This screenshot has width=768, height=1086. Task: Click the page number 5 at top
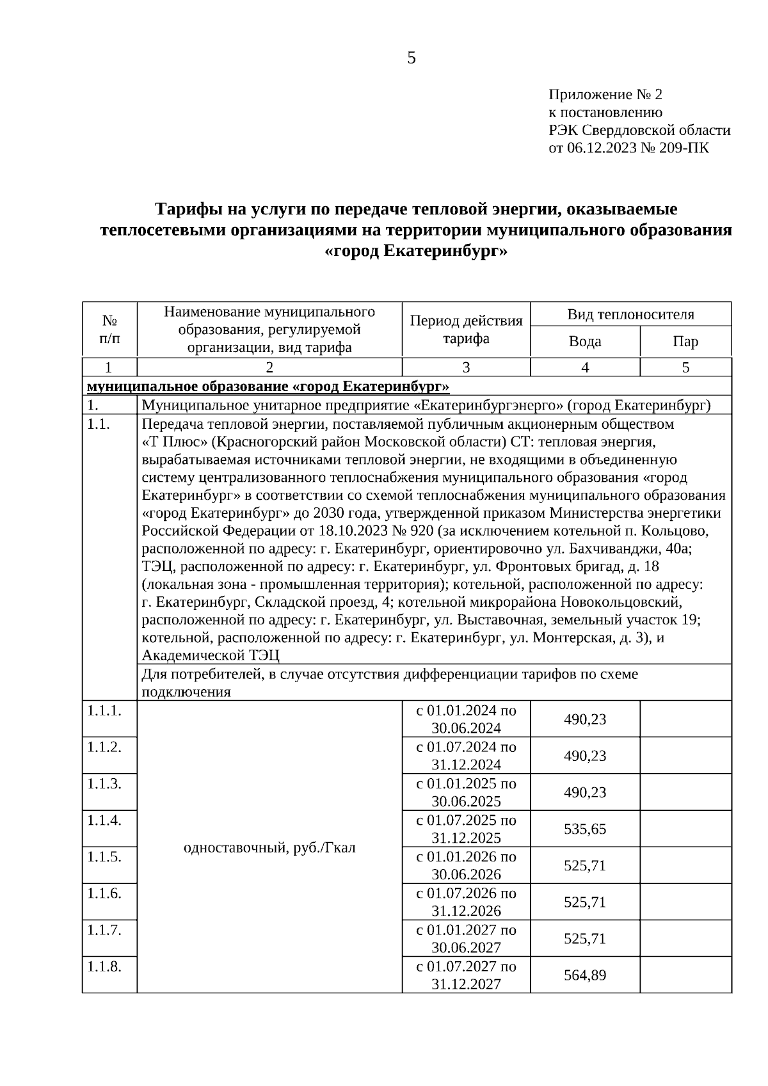coord(411,58)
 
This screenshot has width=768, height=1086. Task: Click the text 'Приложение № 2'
coord(605,95)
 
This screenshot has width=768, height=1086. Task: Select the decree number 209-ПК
coord(687,148)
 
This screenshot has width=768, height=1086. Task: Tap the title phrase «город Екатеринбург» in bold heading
coord(416,252)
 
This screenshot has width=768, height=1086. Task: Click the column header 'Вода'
coord(584,341)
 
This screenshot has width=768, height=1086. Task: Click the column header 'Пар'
coord(685,341)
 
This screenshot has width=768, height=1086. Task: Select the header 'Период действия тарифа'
coord(466,329)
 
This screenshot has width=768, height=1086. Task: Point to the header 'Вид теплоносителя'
coord(630,314)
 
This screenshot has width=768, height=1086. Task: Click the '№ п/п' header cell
coord(109,329)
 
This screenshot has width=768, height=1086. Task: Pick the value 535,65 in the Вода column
coord(584,829)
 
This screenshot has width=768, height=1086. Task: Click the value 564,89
coord(584,975)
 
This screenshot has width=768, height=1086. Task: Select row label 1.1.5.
coord(104,857)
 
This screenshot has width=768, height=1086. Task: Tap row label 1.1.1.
coord(104,710)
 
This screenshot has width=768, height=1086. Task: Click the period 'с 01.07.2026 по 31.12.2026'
coord(466,902)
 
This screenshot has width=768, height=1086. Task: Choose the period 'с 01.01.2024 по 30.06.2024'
coord(466,719)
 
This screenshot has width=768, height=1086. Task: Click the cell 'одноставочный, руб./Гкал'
coord(269,848)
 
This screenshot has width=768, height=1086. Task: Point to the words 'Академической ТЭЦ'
coord(211,655)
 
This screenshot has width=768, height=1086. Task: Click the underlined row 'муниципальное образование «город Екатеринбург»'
coord(268,387)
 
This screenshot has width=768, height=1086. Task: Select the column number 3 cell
coord(466,367)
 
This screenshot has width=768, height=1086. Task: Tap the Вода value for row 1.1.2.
coord(584,756)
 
